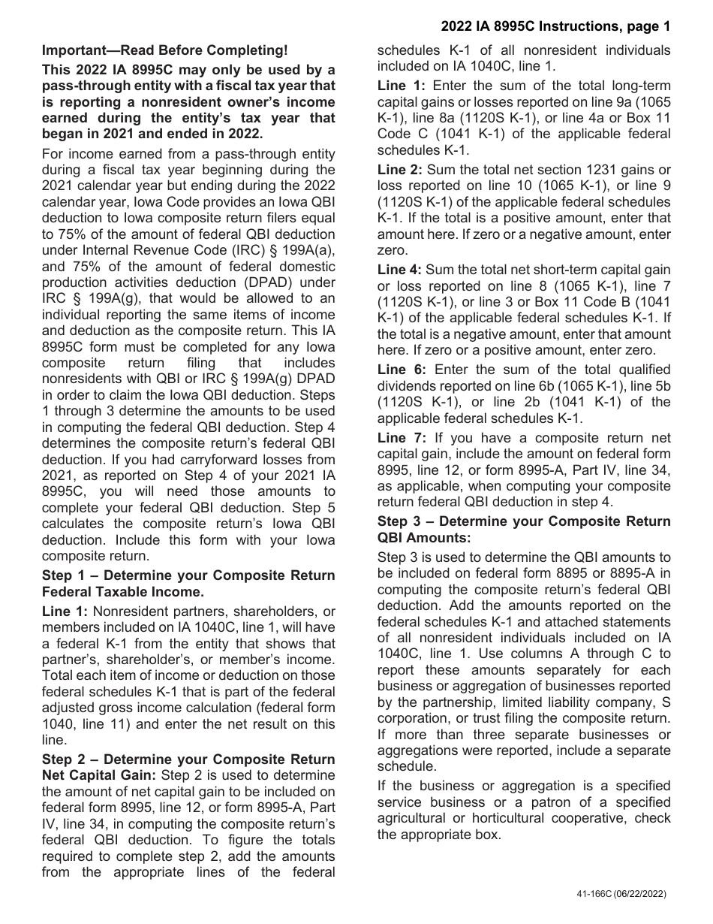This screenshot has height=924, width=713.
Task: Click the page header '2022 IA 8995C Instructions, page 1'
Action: coord(555,27)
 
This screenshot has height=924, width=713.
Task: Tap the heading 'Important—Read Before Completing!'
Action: coord(164,50)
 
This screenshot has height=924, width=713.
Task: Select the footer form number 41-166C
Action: coord(590,894)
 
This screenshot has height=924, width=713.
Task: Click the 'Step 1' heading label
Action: coord(62,575)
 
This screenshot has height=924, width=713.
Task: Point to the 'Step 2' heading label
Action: coord(62,759)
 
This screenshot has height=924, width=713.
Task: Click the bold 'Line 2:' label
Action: coord(400,170)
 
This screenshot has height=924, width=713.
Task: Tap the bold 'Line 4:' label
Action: coord(400,269)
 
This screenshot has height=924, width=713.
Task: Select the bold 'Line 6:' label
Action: coord(402,369)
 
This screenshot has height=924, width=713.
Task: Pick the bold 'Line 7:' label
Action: coord(402,438)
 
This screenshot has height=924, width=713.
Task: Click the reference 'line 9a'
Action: coord(615,101)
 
